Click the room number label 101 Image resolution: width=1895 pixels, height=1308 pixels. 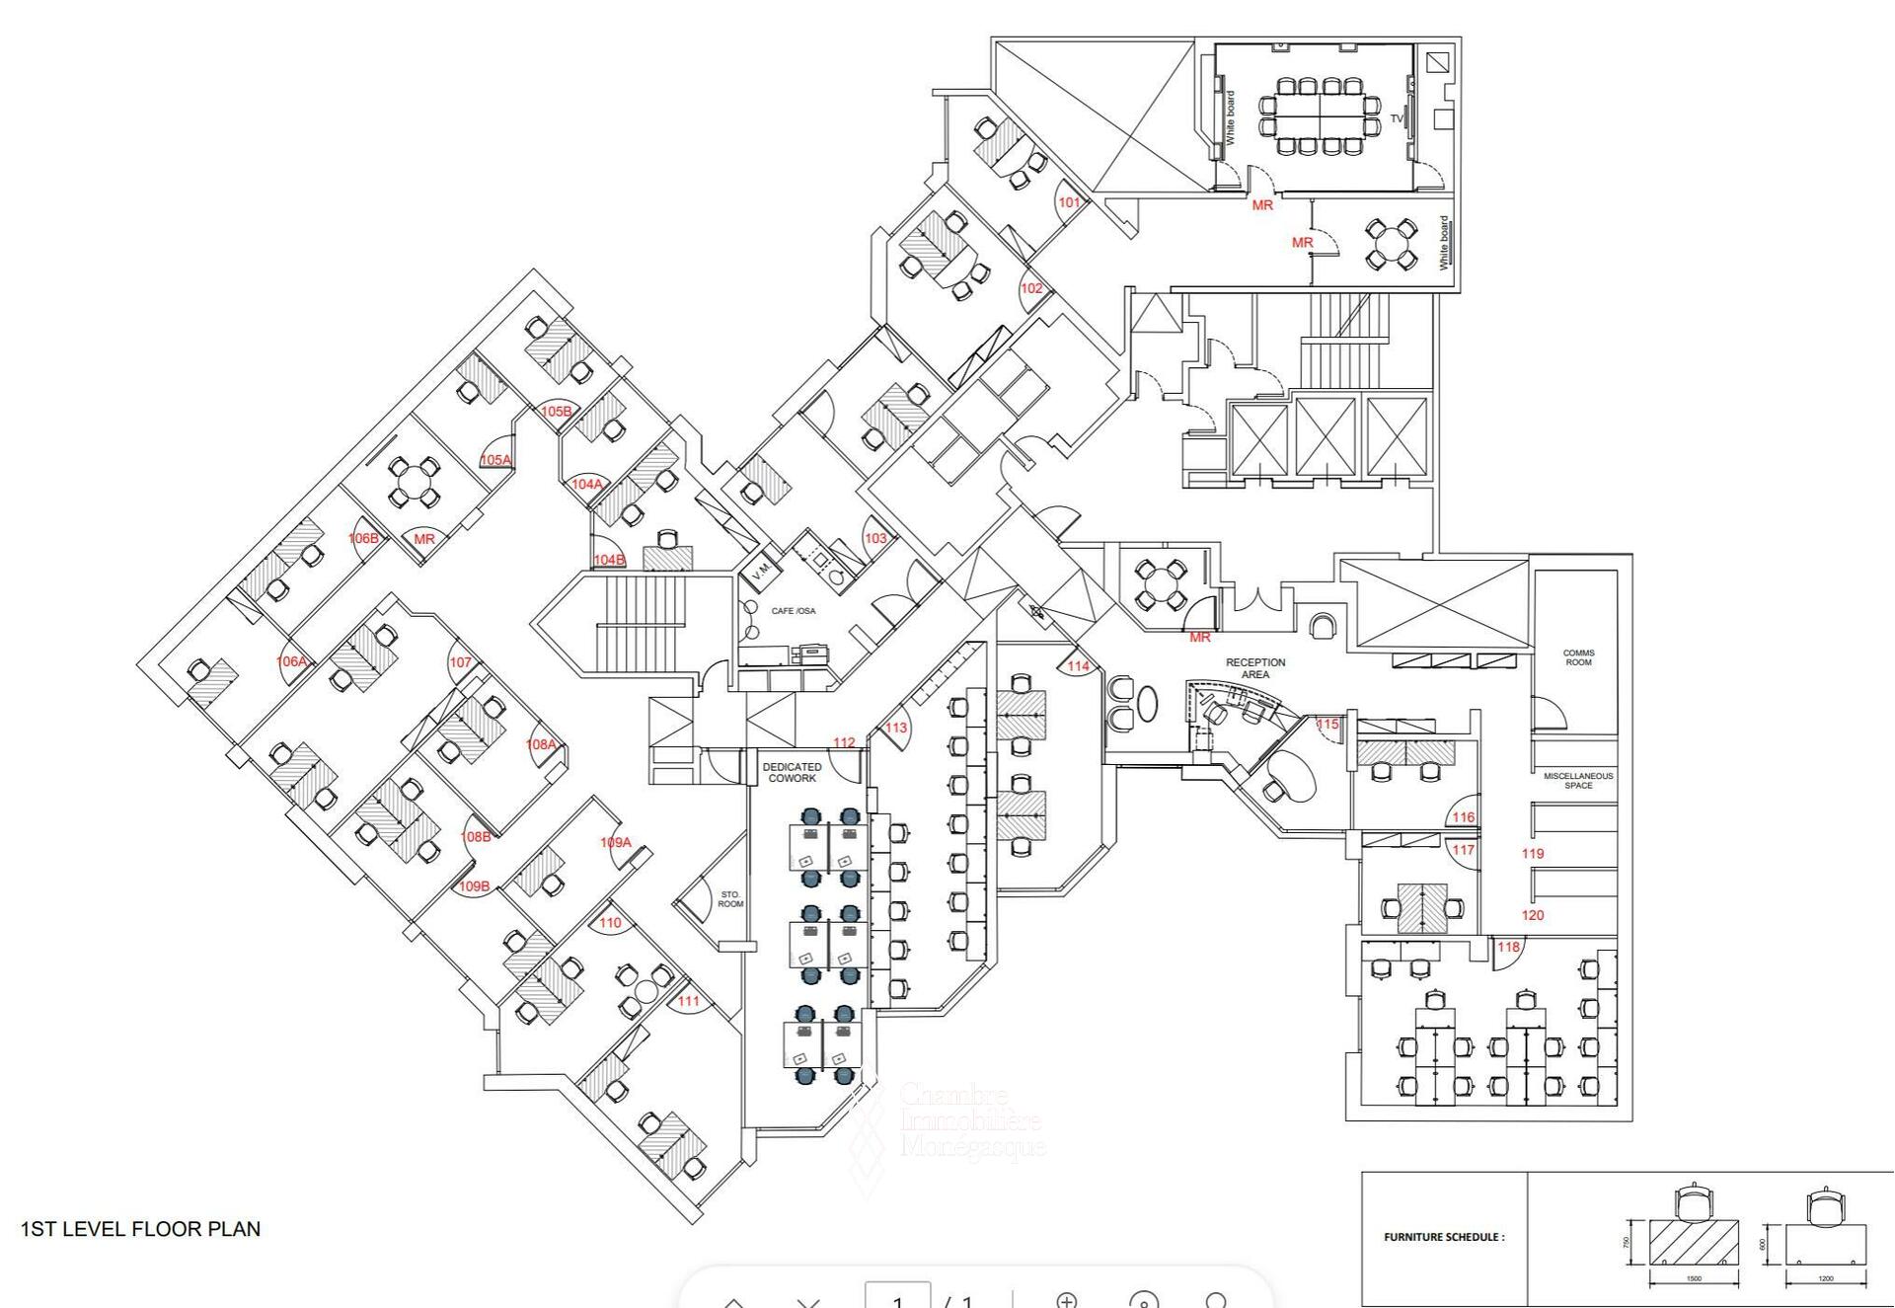1069,202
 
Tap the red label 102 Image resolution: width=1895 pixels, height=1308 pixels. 1031,288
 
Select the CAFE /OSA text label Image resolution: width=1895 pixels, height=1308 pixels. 794,611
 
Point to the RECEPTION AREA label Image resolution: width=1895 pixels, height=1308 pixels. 1255,668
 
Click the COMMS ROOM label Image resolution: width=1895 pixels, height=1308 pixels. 1578,657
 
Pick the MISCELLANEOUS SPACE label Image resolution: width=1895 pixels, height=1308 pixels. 1578,781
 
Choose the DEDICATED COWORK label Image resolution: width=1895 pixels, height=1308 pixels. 792,773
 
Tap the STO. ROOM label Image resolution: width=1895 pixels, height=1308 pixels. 730,899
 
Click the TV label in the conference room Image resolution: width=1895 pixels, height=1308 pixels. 1397,118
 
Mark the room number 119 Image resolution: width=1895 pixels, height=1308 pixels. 1533,854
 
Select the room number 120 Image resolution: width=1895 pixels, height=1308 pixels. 1533,915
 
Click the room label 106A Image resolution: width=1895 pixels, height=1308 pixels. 291,661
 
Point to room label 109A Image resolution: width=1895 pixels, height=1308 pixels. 615,842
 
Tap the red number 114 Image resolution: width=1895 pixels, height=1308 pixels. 1078,666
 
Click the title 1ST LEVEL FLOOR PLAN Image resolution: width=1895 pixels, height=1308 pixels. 141,1229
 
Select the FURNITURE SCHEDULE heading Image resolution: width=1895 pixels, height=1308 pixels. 1444,1237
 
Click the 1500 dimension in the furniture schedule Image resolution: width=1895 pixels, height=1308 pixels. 1694,1279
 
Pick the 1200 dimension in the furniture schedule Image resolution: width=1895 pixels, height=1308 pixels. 1826,1279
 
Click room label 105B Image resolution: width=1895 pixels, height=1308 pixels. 556,412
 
